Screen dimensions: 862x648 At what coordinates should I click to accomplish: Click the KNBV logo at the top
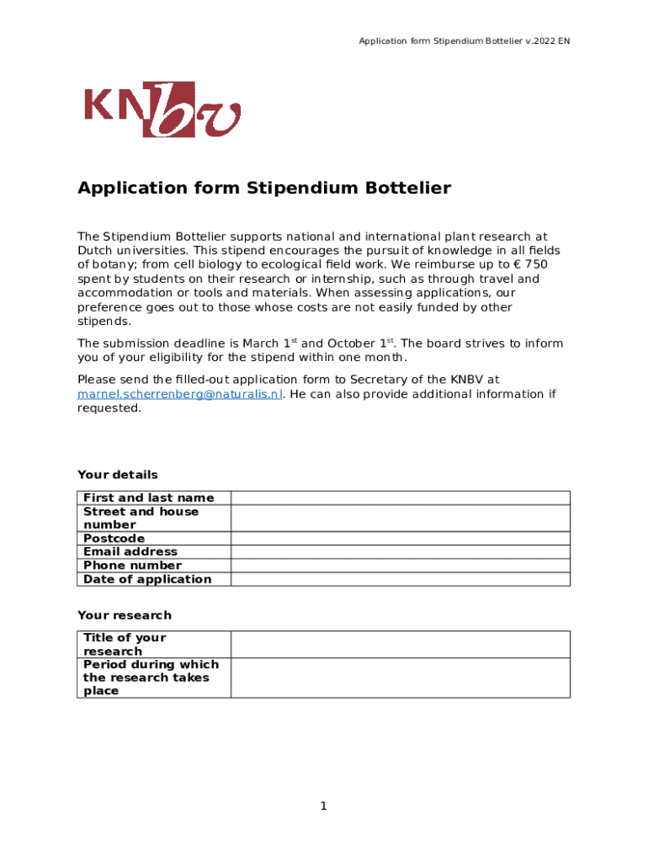pyautogui.click(x=162, y=109)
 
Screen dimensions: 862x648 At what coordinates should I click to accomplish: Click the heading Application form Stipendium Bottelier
pyautogui.click(x=264, y=189)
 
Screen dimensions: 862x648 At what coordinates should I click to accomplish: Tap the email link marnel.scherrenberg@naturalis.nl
pyautogui.click(x=179, y=394)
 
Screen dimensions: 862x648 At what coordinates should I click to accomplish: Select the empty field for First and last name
pyautogui.click(x=401, y=498)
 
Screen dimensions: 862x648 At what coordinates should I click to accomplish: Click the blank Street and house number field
pyautogui.click(x=401, y=518)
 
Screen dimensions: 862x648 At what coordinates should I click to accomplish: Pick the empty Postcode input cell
pyautogui.click(x=401, y=538)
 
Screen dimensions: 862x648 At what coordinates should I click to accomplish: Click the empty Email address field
pyautogui.click(x=401, y=551)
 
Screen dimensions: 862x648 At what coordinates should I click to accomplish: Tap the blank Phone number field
pyautogui.click(x=401, y=565)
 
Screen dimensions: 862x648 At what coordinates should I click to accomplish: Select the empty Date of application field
pyautogui.click(x=401, y=578)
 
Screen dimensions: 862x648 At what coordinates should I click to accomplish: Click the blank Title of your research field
pyautogui.click(x=401, y=644)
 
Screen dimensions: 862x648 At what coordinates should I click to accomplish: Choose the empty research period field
pyautogui.click(x=401, y=678)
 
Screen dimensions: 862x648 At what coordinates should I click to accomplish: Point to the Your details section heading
pyautogui.click(x=117, y=475)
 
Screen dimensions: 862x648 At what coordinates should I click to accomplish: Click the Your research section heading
pyautogui.click(x=124, y=615)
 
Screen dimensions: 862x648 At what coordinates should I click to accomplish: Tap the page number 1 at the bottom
pyautogui.click(x=323, y=806)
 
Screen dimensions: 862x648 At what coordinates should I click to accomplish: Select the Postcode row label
pyautogui.click(x=114, y=538)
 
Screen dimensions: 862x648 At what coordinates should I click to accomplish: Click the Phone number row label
pyautogui.click(x=132, y=565)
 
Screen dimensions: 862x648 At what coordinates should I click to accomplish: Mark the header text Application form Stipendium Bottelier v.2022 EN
pyautogui.click(x=465, y=41)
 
